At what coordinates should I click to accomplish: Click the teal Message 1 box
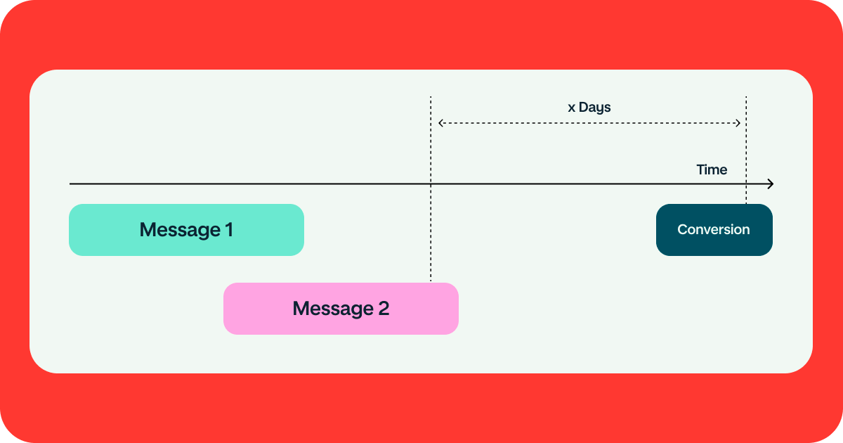coord(186,230)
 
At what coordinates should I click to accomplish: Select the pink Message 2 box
coord(341,309)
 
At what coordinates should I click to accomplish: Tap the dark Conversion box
coord(714,230)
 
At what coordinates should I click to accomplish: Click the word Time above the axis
coord(712,169)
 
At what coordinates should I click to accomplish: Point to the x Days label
coord(589,108)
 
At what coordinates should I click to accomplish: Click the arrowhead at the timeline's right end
coord(771,184)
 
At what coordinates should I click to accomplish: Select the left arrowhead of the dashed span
coord(441,123)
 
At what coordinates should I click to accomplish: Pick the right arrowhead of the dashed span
coord(738,123)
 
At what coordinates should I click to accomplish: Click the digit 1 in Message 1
coord(229,230)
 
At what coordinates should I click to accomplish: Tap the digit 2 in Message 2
coord(384,309)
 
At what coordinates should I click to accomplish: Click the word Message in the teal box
coord(180,230)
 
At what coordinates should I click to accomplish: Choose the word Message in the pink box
coord(333,309)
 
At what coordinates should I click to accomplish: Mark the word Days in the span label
coord(594,108)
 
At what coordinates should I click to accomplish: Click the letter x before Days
coord(571,108)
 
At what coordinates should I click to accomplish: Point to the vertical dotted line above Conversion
coord(746,150)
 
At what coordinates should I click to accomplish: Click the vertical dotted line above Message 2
coord(431,189)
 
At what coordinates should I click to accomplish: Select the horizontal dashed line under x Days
coord(589,123)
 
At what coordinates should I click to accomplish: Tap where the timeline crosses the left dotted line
coord(431,184)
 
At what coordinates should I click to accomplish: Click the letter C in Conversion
coord(682,229)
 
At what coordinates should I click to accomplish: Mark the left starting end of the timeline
coord(70,184)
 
